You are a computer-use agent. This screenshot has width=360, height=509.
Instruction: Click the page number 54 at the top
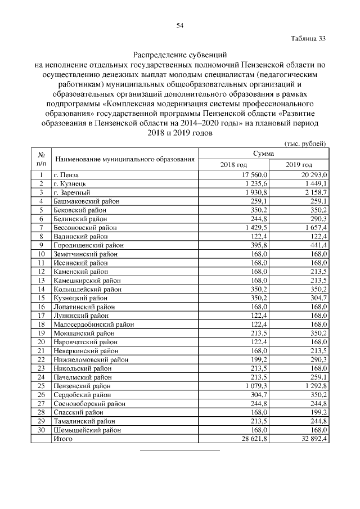pyautogui.click(x=180, y=25)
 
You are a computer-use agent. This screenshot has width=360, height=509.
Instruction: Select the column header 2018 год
pyautogui.click(x=234, y=165)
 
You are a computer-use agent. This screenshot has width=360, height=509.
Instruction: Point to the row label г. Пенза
pyautogui.click(x=66, y=175)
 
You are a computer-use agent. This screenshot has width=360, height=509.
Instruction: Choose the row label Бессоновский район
pyautogui.click(x=85, y=228)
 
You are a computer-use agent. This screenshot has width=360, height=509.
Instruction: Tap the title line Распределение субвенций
pyautogui.click(x=179, y=55)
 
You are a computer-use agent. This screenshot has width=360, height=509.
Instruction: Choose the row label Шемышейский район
pyautogui.click(x=87, y=430)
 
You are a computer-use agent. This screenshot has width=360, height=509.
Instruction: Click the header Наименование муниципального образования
pyautogui.click(x=124, y=160)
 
